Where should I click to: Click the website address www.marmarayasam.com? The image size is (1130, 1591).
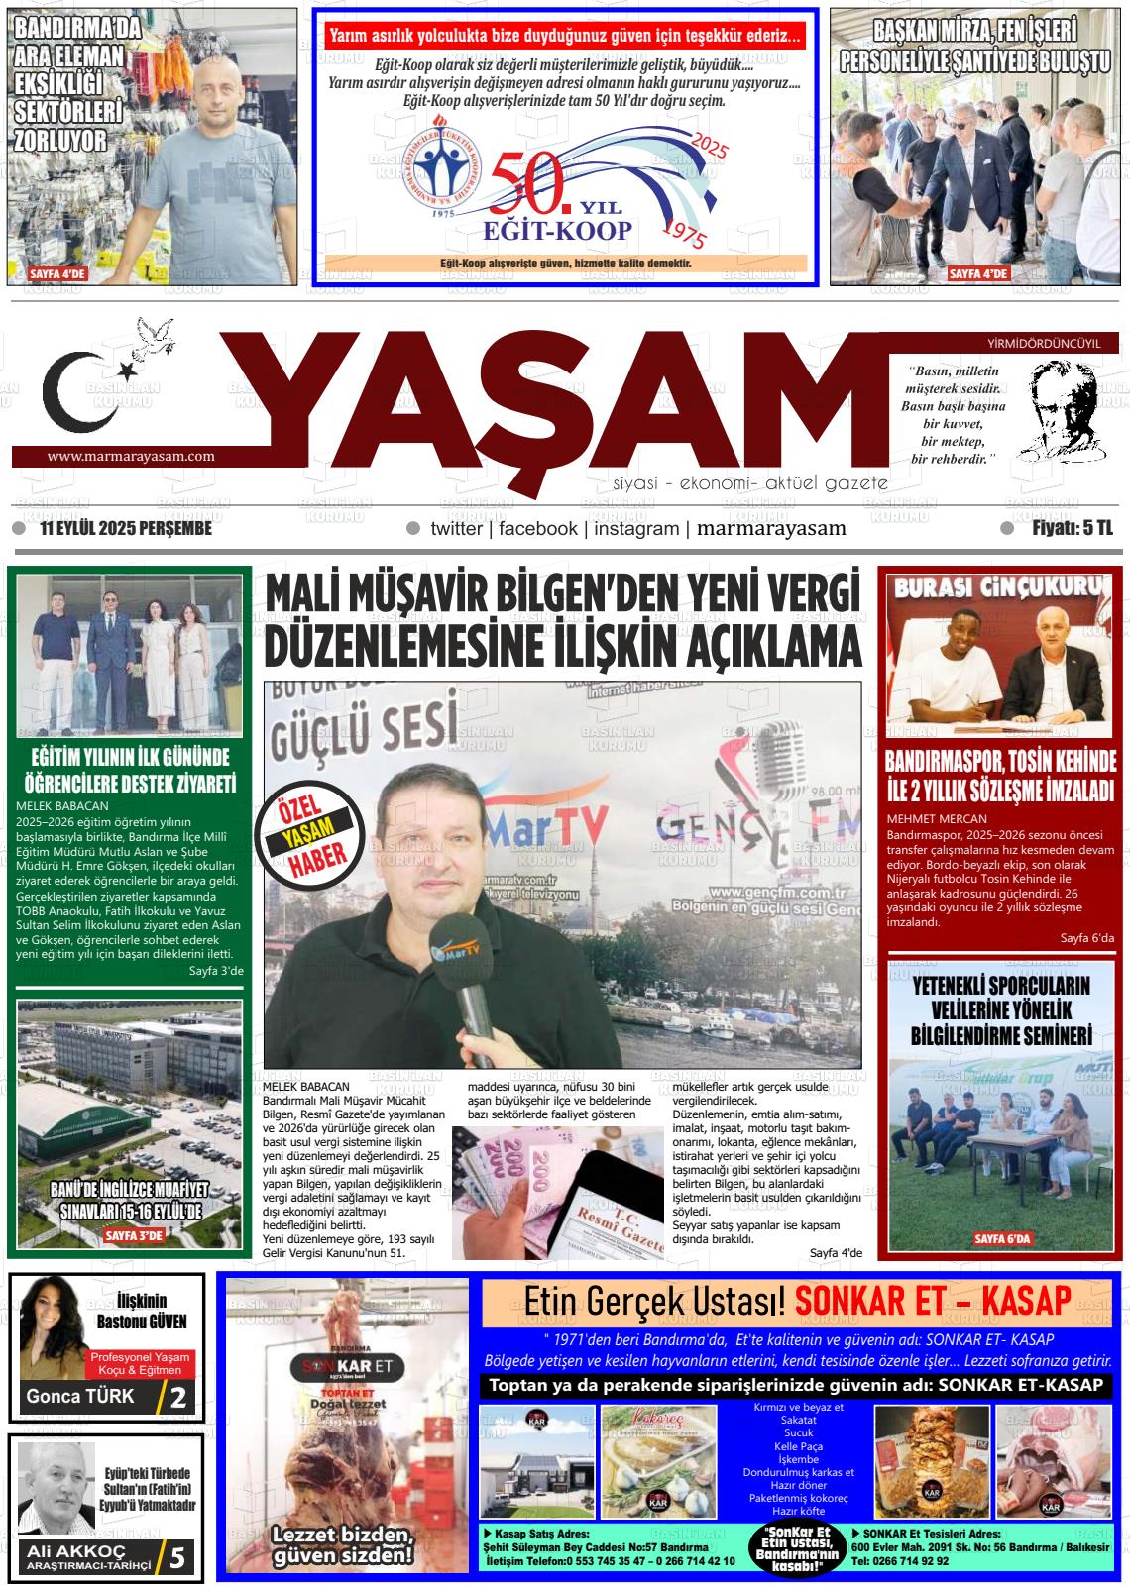coord(131,456)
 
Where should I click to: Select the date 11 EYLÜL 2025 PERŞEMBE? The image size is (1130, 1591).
coord(126,529)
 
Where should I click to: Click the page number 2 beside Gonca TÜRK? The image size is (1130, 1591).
coord(178,1398)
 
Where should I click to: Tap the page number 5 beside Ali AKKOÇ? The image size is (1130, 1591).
coord(177,1558)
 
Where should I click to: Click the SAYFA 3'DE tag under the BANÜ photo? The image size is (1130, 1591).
coord(133,1235)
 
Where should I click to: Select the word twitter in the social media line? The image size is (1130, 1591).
coord(456,529)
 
